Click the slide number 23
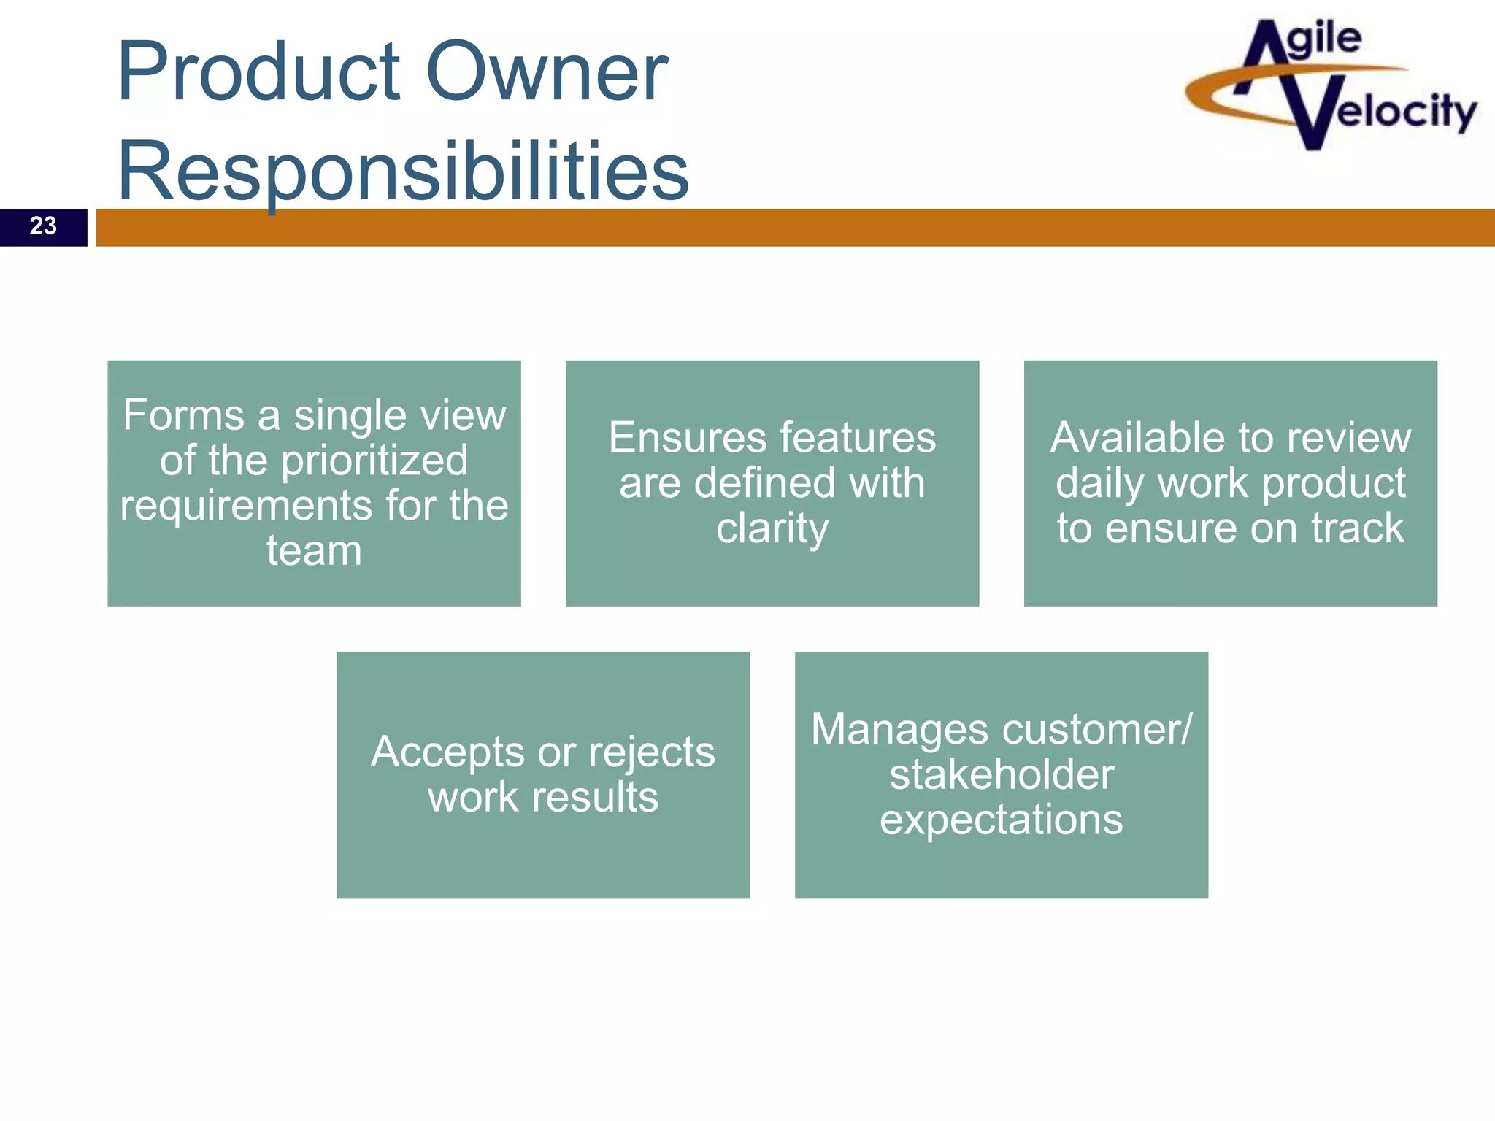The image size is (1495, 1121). point(43,226)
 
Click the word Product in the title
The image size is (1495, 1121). point(259,72)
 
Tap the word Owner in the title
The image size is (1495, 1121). point(546,72)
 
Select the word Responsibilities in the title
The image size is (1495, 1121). point(403,172)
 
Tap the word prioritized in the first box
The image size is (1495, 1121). point(374,461)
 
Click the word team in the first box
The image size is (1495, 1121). point(314,551)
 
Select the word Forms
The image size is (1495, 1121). point(183,416)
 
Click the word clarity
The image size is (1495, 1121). point(772,528)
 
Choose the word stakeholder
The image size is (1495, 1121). point(1002,775)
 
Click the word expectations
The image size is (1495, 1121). point(1002,820)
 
